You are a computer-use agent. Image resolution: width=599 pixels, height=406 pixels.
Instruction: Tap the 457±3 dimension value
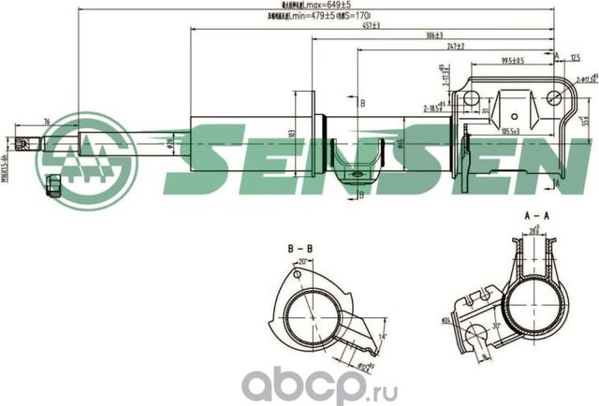pyautogui.click(x=371, y=25)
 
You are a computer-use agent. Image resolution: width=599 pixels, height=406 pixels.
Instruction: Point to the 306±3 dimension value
pyautogui.click(x=431, y=36)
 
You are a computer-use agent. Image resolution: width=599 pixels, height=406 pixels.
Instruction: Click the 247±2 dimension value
pyautogui.click(x=456, y=45)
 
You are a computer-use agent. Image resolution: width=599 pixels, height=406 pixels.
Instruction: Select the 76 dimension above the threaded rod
pyautogui.click(x=47, y=121)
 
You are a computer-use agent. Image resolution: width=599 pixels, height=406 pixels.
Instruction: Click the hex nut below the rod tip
pyautogui.click(x=54, y=182)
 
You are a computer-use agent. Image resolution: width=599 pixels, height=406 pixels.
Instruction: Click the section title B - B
pyautogui.click(x=299, y=249)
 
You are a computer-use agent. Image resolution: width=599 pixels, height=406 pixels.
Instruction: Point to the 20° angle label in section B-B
pyautogui.click(x=302, y=263)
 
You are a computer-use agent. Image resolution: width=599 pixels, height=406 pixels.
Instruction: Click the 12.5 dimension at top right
pyautogui.click(x=573, y=58)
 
